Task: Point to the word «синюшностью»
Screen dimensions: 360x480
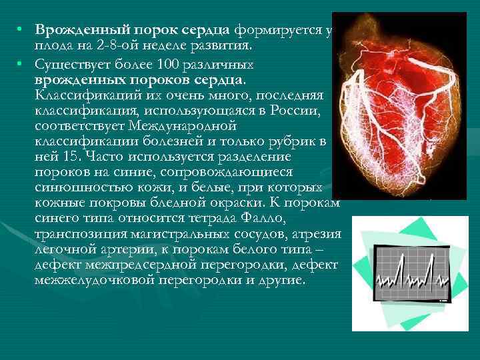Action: (x=75, y=187)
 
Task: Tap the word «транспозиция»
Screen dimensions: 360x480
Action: (x=77, y=233)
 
